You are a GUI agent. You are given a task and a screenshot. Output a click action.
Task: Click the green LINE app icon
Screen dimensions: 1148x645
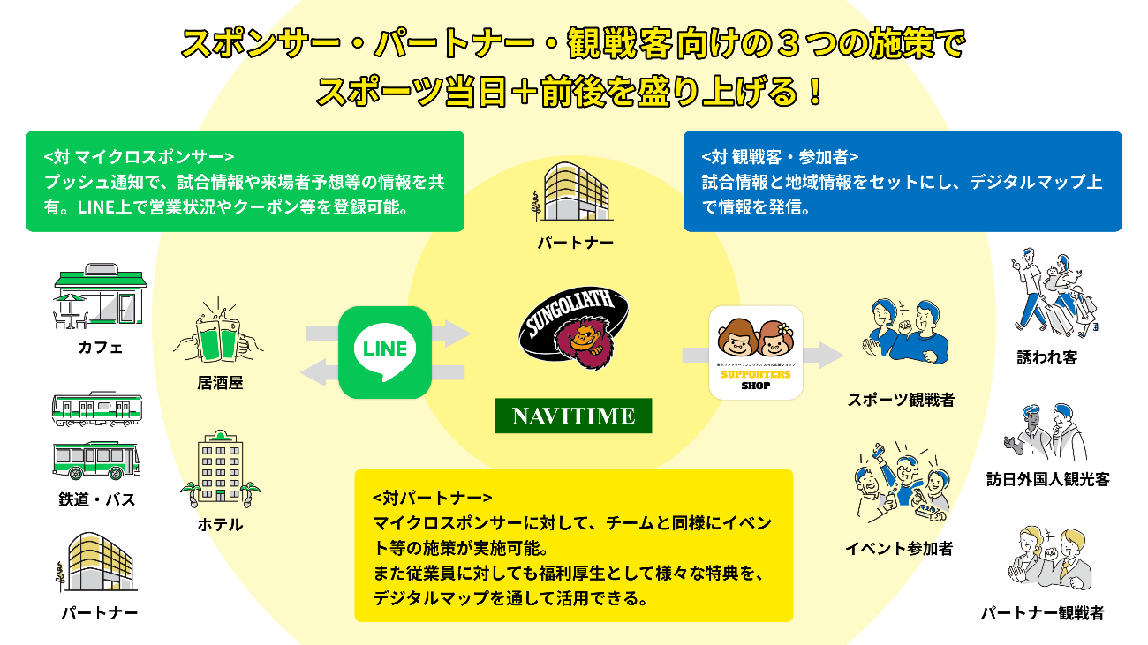[384, 352]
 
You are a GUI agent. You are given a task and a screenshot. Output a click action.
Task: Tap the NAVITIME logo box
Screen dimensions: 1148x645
[573, 416]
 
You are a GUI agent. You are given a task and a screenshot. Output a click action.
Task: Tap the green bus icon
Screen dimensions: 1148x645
[96, 460]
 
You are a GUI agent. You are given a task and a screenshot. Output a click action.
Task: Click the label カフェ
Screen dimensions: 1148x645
[100, 348]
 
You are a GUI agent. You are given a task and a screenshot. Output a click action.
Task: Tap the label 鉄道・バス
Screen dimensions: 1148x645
[97, 499]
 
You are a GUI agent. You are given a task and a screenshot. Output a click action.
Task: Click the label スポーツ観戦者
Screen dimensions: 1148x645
[901, 400]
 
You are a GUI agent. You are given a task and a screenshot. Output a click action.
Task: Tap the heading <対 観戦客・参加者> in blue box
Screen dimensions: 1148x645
[780, 157]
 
